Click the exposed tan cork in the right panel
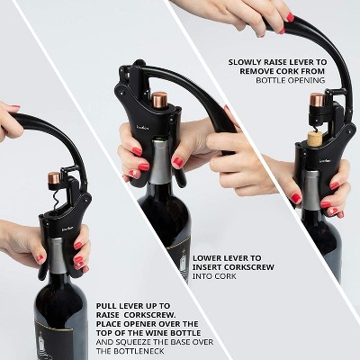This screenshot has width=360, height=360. (315, 139)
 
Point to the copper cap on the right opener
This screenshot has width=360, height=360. (317, 100)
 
